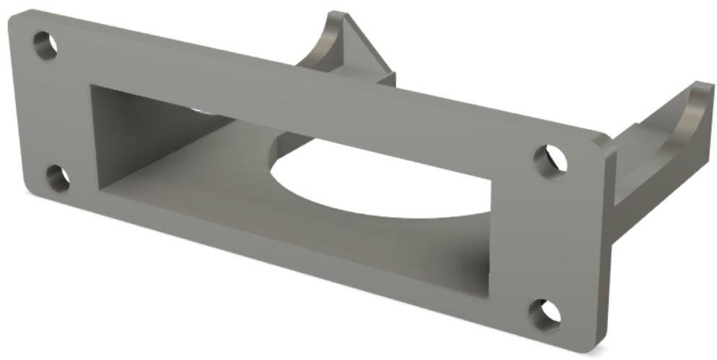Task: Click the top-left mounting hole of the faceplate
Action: point(45,45)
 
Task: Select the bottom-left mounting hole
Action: point(57,178)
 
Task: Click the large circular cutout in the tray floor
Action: point(375,177)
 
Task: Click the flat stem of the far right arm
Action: point(635,188)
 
